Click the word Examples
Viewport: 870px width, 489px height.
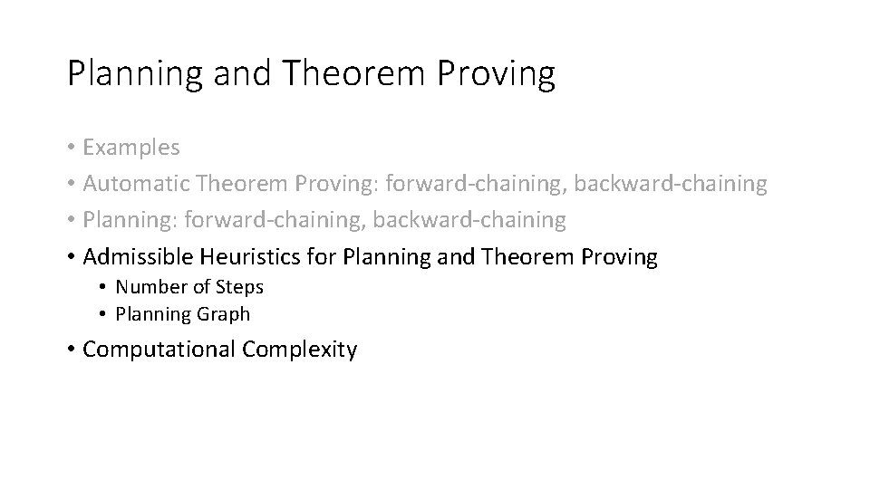point(131,147)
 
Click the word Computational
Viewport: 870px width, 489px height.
point(159,350)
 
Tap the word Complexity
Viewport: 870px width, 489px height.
point(300,350)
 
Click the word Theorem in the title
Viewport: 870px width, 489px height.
point(353,73)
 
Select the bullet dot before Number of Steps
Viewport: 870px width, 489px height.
point(104,288)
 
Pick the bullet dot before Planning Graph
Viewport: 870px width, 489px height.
point(104,315)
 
